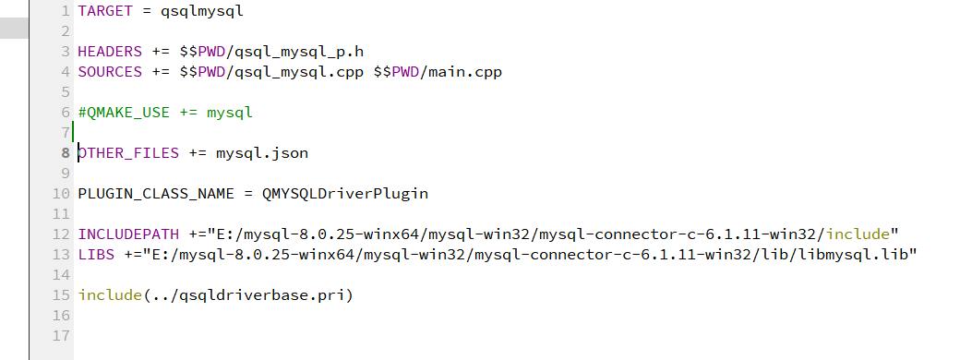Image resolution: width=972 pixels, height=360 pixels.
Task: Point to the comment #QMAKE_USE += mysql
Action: tap(165, 113)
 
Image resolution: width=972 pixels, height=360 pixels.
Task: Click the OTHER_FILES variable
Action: tap(128, 153)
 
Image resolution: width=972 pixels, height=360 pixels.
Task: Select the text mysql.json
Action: tap(262, 153)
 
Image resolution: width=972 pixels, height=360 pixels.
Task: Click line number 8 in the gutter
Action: tap(66, 153)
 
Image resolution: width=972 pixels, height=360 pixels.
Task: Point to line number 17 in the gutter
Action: tap(62, 336)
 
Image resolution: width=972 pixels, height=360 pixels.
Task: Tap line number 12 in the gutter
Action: tap(62, 234)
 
